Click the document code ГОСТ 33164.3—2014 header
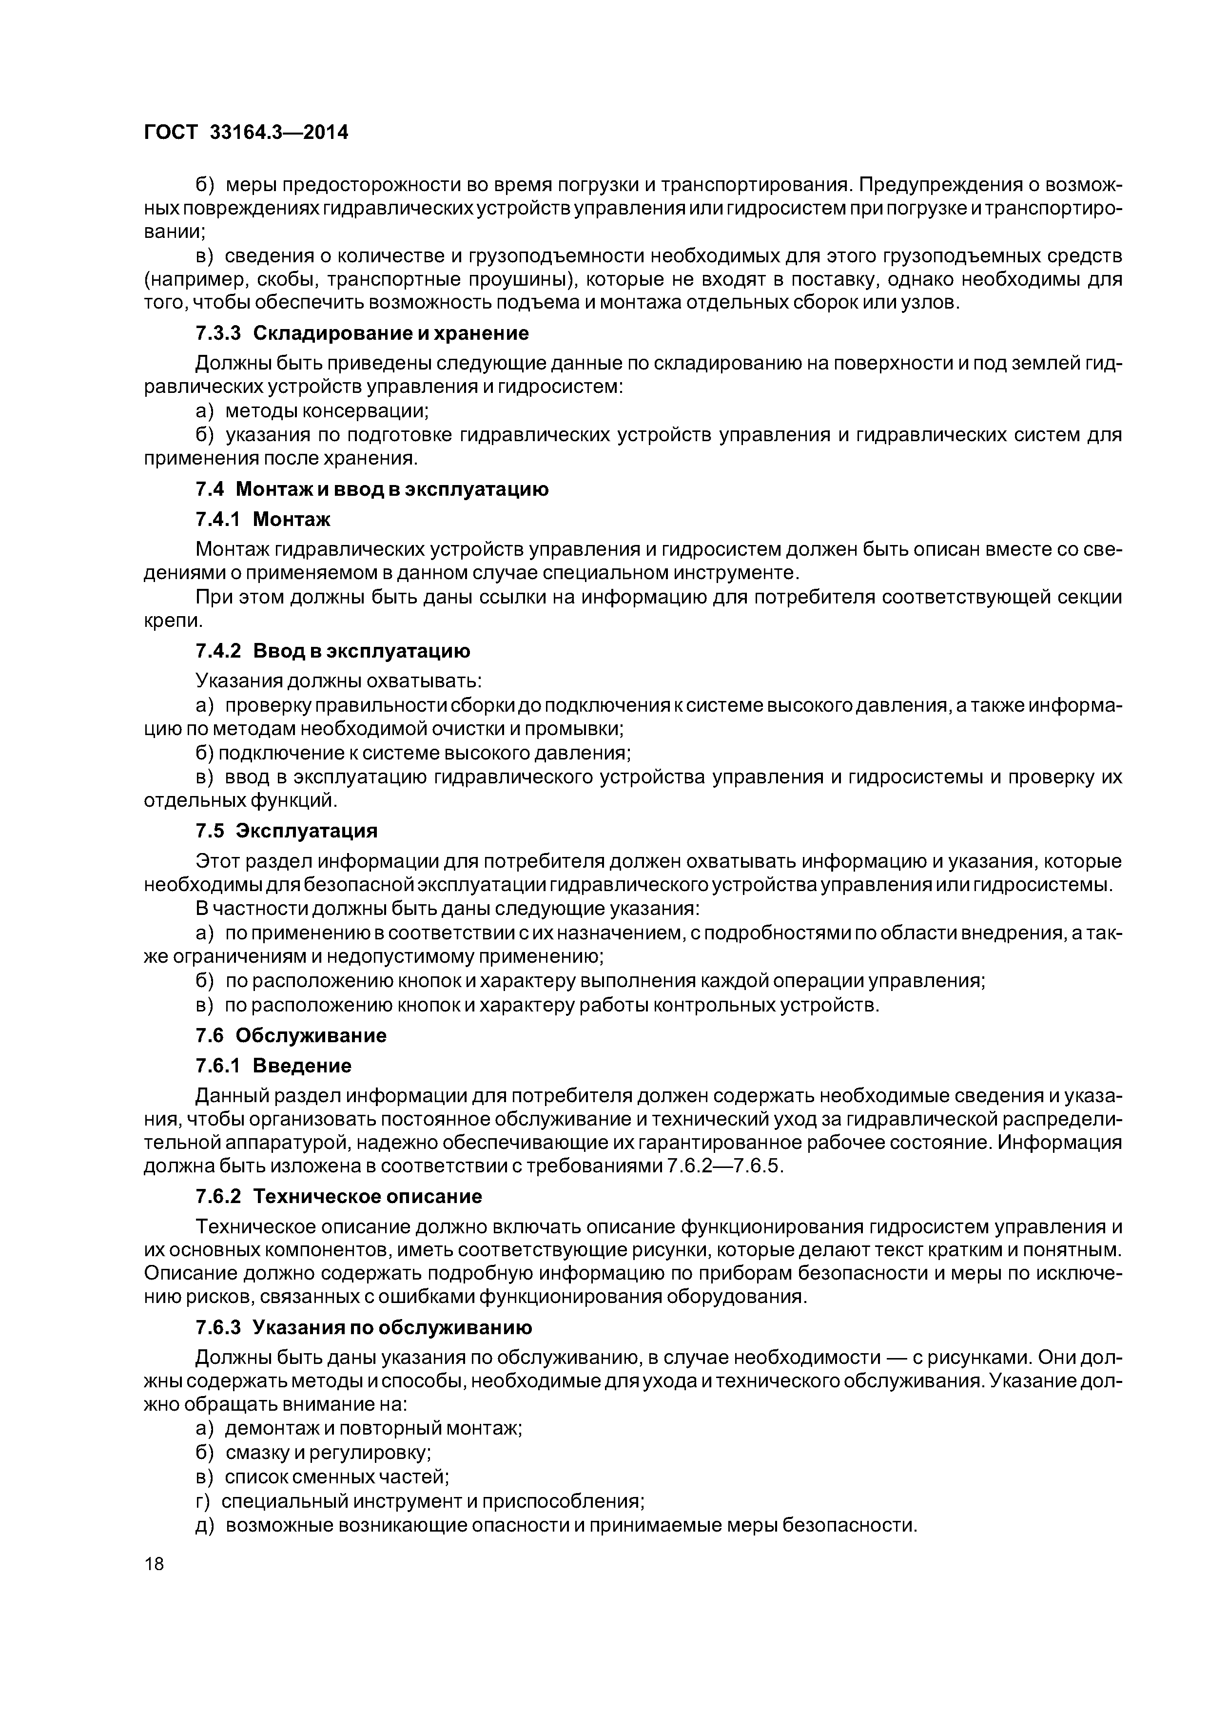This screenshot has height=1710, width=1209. pyautogui.click(x=246, y=133)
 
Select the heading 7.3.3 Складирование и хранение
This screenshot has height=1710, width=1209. pyautogui.click(x=362, y=333)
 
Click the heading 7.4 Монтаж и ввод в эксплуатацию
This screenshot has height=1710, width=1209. pyautogui.click(x=371, y=489)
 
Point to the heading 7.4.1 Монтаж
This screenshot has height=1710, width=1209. pyautogui.click(x=263, y=518)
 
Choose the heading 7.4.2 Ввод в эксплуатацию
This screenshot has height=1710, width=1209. pyautogui.click(x=333, y=651)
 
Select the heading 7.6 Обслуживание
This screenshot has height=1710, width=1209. pyautogui.click(x=291, y=1035)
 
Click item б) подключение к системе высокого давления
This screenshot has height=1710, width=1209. pyautogui.click(x=413, y=753)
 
